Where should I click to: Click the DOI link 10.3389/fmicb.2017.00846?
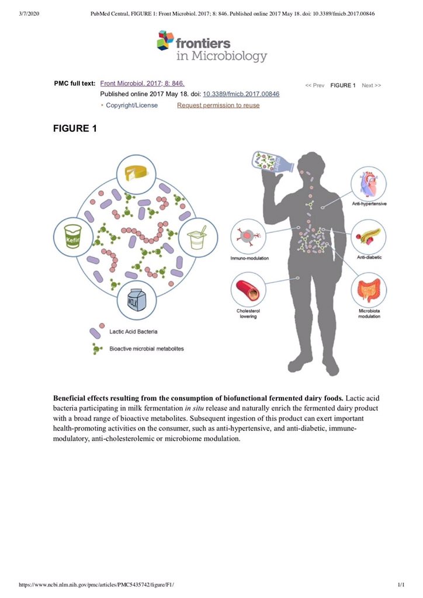click(241, 94)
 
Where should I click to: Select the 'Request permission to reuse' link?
click(218, 105)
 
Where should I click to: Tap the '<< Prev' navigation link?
click(314, 85)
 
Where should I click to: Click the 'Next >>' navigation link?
click(371, 85)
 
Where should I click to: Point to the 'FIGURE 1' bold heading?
click(75, 128)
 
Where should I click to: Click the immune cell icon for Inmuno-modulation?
click(248, 237)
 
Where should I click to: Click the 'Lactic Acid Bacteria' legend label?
click(138, 332)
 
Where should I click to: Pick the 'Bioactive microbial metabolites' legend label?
click(147, 349)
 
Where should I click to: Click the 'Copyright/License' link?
click(131, 105)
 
